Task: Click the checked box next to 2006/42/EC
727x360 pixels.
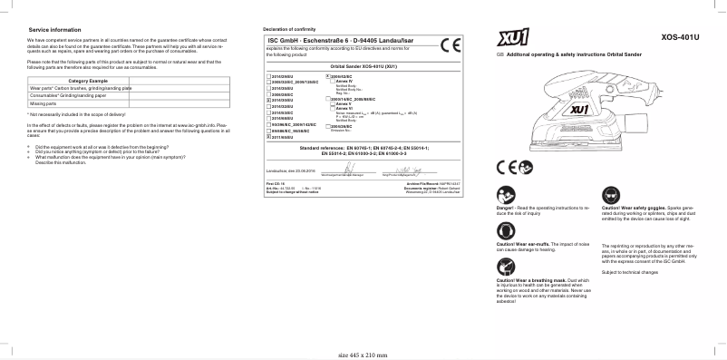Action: click(x=326, y=76)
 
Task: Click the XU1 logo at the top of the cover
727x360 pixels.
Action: click(x=514, y=38)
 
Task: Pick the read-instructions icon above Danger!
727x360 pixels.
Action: click(x=505, y=194)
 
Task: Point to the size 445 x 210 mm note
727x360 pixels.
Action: click(x=363, y=354)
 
